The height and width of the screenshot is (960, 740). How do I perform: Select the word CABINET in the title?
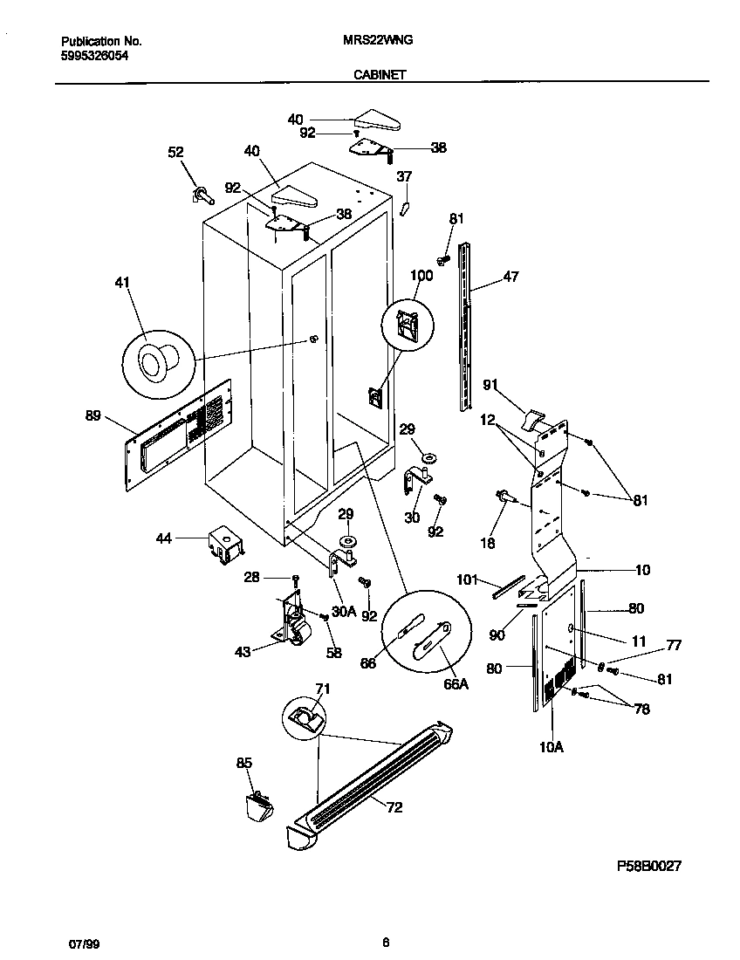click(x=380, y=76)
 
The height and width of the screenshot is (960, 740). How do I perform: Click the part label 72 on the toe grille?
click(x=394, y=808)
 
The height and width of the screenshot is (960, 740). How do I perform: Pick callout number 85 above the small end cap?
click(x=244, y=764)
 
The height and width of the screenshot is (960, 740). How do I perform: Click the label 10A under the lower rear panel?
click(x=552, y=747)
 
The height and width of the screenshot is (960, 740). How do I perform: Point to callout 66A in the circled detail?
click(x=456, y=684)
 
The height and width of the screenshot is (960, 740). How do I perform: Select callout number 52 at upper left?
click(x=175, y=153)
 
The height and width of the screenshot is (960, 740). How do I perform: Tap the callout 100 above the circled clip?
click(x=421, y=276)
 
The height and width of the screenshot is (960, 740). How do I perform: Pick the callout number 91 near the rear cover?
click(x=490, y=383)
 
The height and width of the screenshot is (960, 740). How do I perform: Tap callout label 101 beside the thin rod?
click(x=468, y=578)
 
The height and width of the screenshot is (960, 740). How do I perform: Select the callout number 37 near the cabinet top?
click(x=404, y=176)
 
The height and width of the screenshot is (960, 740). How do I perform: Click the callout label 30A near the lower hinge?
click(x=346, y=612)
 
